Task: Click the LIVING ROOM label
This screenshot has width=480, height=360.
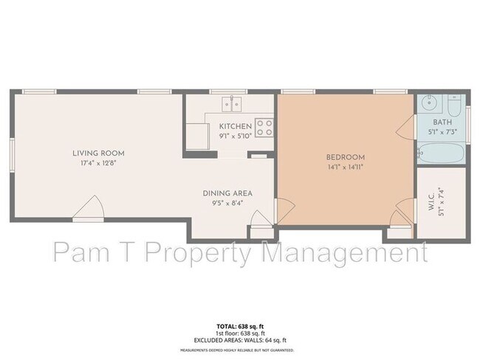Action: pyautogui.click(x=96, y=153)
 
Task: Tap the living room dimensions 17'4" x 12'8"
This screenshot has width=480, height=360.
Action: pyautogui.click(x=96, y=163)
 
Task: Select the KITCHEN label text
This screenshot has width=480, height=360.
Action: pyautogui.click(x=236, y=127)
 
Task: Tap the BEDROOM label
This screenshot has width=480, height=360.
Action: pyautogui.click(x=346, y=157)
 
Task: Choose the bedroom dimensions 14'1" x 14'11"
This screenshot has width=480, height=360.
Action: pyautogui.click(x=346, y=167)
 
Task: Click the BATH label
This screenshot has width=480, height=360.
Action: pyautogui.click(x=442, y=122)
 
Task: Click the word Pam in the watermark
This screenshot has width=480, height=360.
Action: pyautogui.click(x=83, y=252)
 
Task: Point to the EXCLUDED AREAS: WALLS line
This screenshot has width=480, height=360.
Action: pyautogui.click(x=239, y=339)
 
